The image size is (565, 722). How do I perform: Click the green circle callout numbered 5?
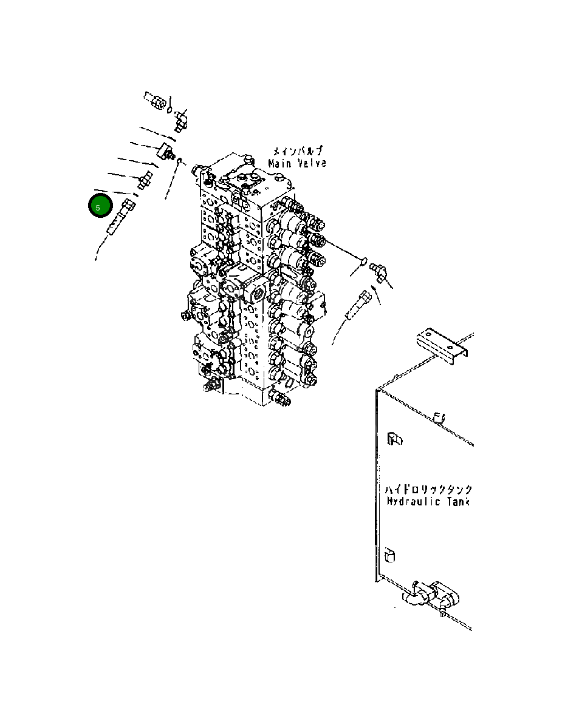[x=99, y=207]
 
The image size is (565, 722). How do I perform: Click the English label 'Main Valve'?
[x=297, y=163]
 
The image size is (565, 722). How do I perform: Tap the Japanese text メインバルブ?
[x=297, y=151]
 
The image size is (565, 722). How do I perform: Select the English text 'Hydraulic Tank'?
[x=428, y=502]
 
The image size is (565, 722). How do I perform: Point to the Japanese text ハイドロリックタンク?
[x=428, y=489]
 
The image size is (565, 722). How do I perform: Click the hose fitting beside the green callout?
[x=120, y=217]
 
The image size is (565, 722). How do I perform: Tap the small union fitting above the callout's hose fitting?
[x=146, y=180]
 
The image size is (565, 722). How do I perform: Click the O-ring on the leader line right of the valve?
[x=363, y=262]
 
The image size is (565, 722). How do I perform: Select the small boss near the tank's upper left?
[x=394, y=438]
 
